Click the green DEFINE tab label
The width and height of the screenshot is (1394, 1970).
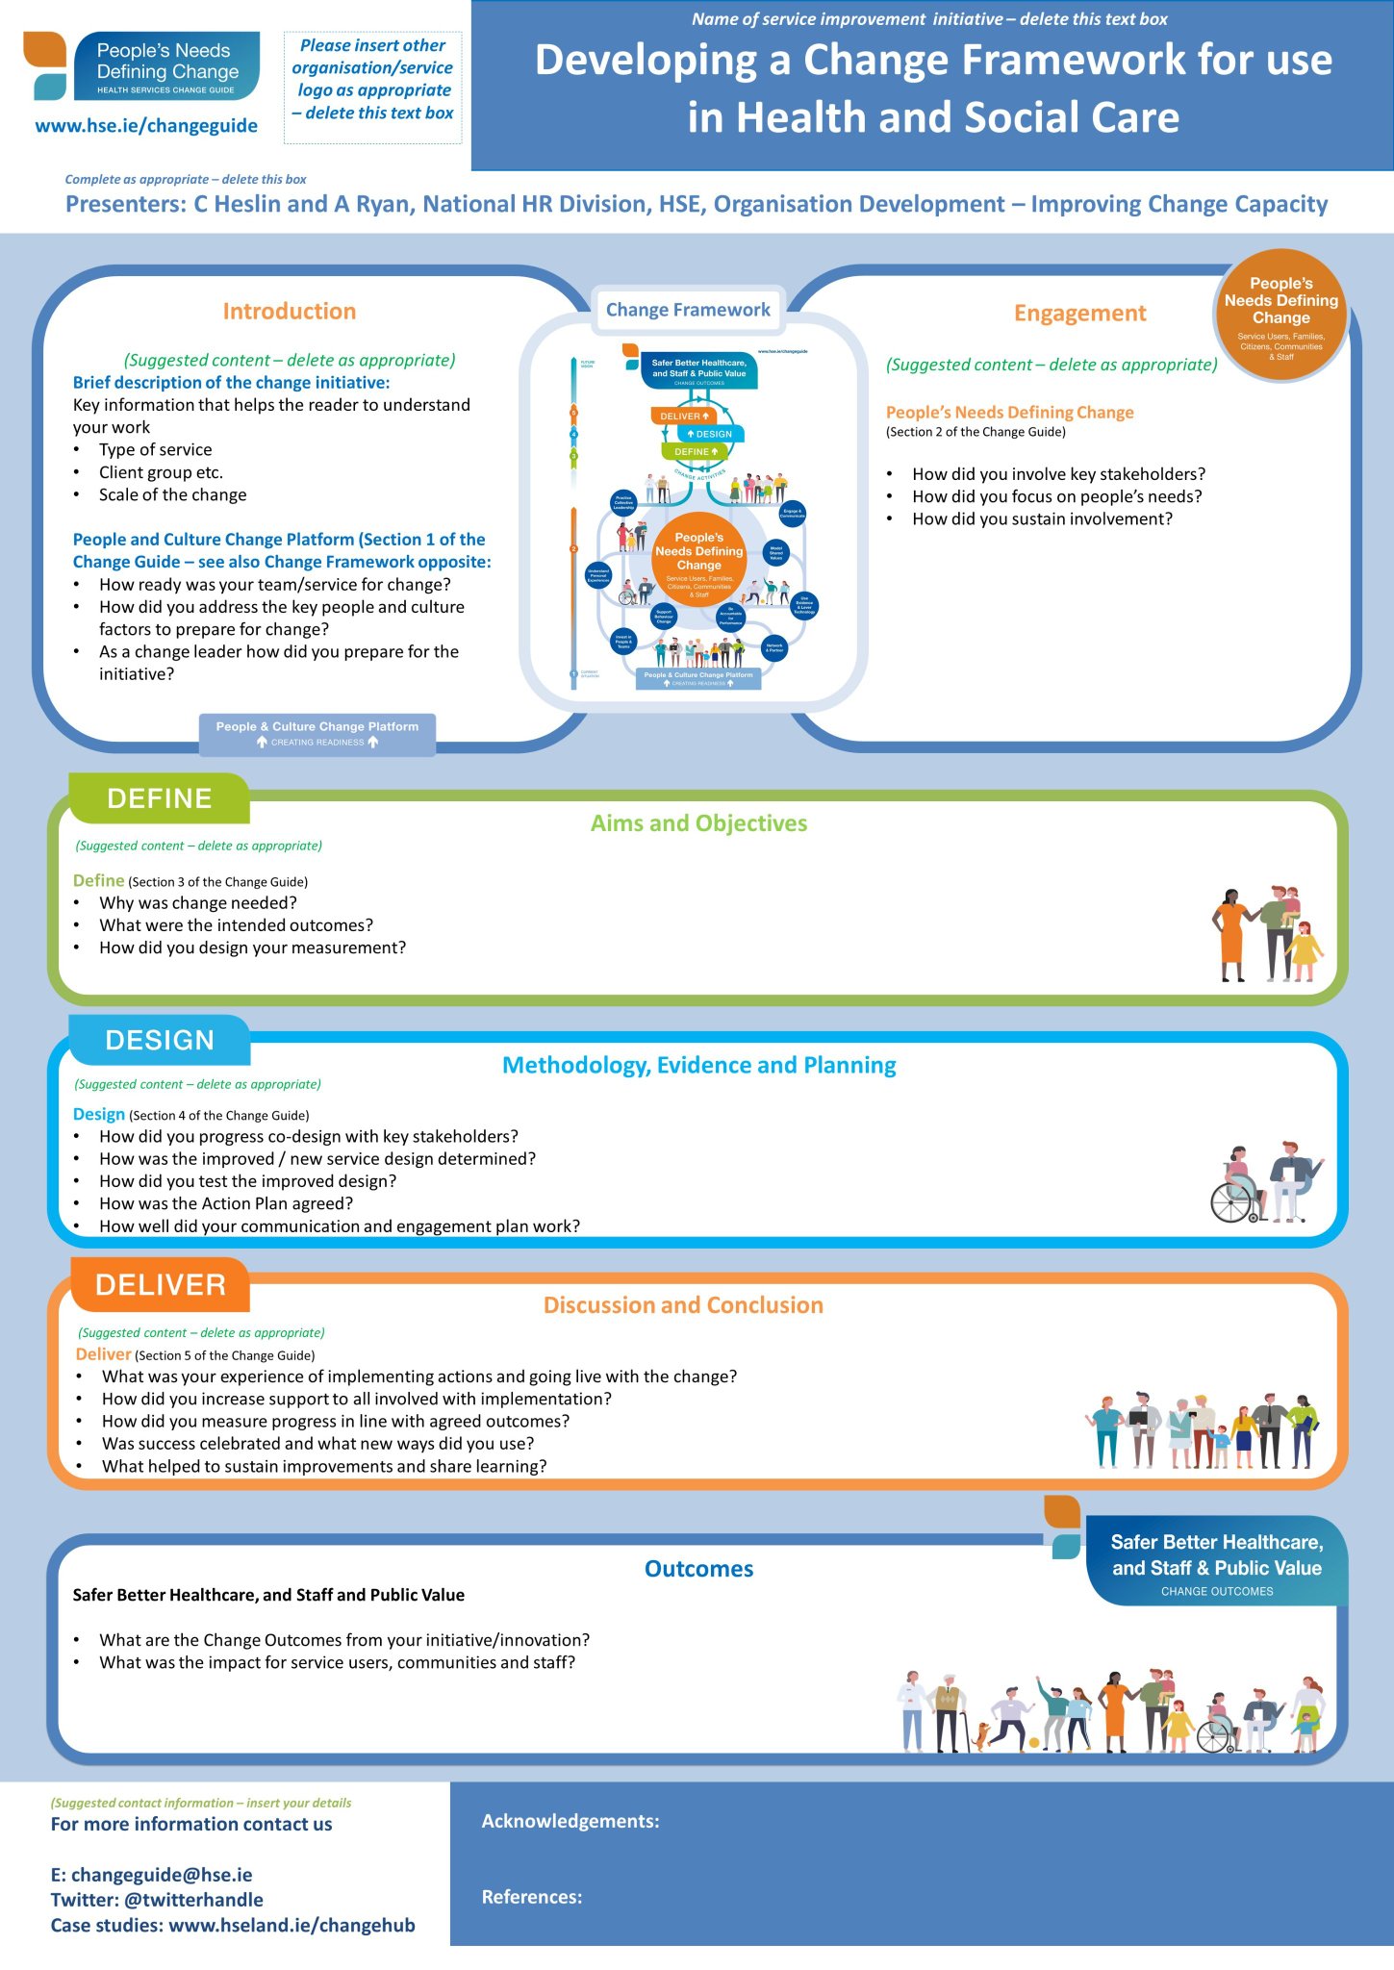(x=160, y=798)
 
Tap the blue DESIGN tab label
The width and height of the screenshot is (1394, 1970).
(x=160, y=1040)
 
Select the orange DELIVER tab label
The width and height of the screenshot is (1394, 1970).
(x=161, y=1285)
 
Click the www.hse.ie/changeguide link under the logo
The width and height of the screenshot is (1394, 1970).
(x=146, y=125)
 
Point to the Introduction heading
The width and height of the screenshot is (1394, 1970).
(x=289, y=311)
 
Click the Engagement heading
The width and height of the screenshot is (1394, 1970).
(x=1079, y=313)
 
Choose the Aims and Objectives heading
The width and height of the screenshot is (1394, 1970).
(x=698, y=823)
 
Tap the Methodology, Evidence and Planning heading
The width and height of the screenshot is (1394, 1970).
(x=698, y=1065)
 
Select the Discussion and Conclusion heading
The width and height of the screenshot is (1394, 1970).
(x=683, y=1305)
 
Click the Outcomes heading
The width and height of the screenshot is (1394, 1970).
(x=698, y=1569)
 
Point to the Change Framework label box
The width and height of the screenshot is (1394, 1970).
(x=688, y=310)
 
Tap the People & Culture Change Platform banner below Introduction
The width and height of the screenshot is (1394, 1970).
(x=317, y=733)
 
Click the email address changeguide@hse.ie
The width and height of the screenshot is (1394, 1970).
(x=152, y=1875)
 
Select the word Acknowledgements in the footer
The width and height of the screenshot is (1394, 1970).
(x=570, y=1821)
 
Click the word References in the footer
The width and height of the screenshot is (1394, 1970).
(x=532, y=1897)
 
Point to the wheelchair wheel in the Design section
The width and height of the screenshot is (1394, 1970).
(x=1231, y=1201)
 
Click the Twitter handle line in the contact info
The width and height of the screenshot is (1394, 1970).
(x=157, y=1900)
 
